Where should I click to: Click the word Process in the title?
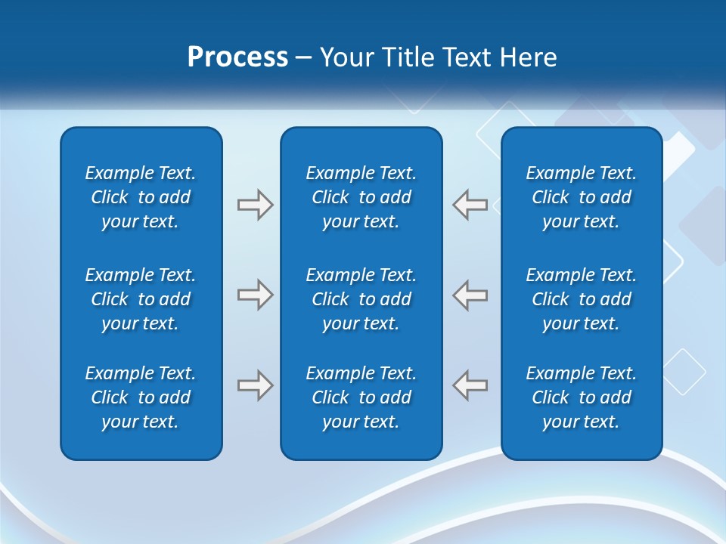click(x=237, y=57)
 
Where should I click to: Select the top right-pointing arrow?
click(x=256, y=205)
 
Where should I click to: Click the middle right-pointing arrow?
click(x=256, y=295)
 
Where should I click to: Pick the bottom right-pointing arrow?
click(x=256, y=385)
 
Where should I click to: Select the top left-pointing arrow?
click(x=470, y=205)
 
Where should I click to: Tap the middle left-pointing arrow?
click(x=470, y=295)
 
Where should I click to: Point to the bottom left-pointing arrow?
click(x=470, y=385)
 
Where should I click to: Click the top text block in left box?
click(x=141, y=197)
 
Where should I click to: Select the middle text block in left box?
click(x=141, y=299)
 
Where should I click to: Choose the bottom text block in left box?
click(x=141, y=397)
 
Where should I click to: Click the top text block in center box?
click(x=361, y=197)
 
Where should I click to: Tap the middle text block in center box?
click(x=361, y=299)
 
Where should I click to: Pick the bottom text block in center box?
click(x=361, y=397)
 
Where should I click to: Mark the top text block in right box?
click(x=582, y=197)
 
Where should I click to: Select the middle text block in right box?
click(x=582, y=299)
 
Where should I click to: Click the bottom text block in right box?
click(x=582, y=397)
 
